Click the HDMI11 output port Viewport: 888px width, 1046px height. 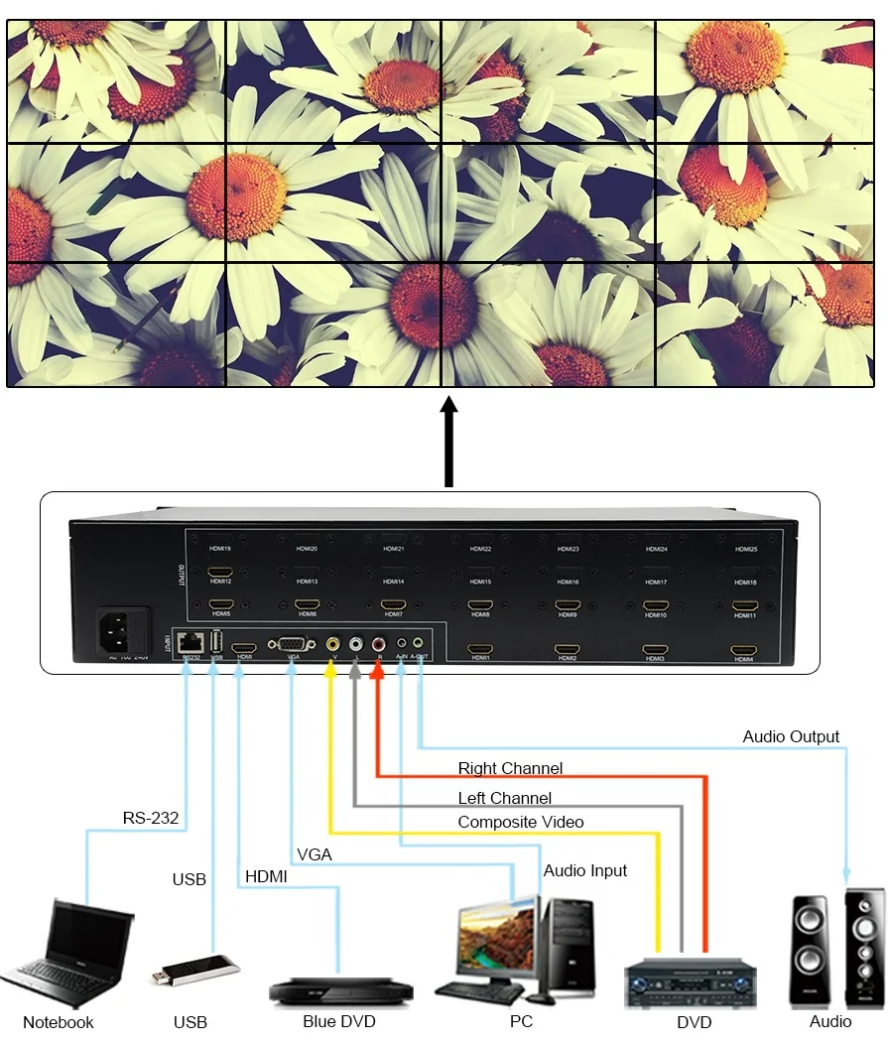pyautogui.click(x=745, y=604)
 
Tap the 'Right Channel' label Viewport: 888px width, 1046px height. pyautogui.click(x=510, y=768)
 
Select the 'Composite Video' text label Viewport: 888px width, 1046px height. pyautogui.click(x=521, y=822)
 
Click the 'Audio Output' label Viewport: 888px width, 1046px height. pyautogui.click(x=791, y=736)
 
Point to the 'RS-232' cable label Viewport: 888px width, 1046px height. pyautogui.click(x=151, y=819)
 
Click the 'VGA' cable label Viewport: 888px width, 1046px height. pyautogui.click(x=314, y=854)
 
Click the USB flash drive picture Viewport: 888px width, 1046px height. pyautogui.click(x=194, y=970)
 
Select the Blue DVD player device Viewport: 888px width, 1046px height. pyautogui.click(x=340, y=988)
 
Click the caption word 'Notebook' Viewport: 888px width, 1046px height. pyautogui.click(x=59, y=1022)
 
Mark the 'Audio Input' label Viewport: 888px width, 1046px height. pyautogui.click(x=585, y=870)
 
